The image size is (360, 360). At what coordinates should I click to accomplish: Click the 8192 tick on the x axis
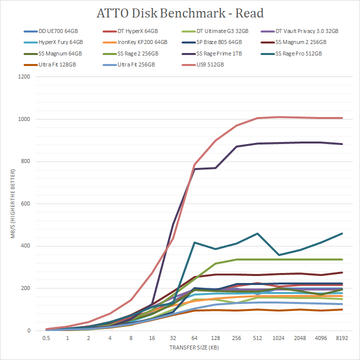[341, 337]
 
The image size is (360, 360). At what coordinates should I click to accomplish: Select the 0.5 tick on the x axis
[46, 337]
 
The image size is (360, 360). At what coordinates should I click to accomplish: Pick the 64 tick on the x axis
[194, 337]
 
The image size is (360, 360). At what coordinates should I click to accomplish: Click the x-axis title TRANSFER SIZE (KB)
[193, 347]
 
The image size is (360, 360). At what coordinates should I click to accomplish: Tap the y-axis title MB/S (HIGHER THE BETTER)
[14, 204]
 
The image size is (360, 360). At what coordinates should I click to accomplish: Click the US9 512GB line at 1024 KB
[278, 117]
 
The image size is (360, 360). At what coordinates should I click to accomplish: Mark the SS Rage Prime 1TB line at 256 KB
[236, 146]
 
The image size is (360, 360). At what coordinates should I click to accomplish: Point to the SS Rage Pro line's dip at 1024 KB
[278, 255]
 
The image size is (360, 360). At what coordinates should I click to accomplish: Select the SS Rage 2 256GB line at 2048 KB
[299, 259]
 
